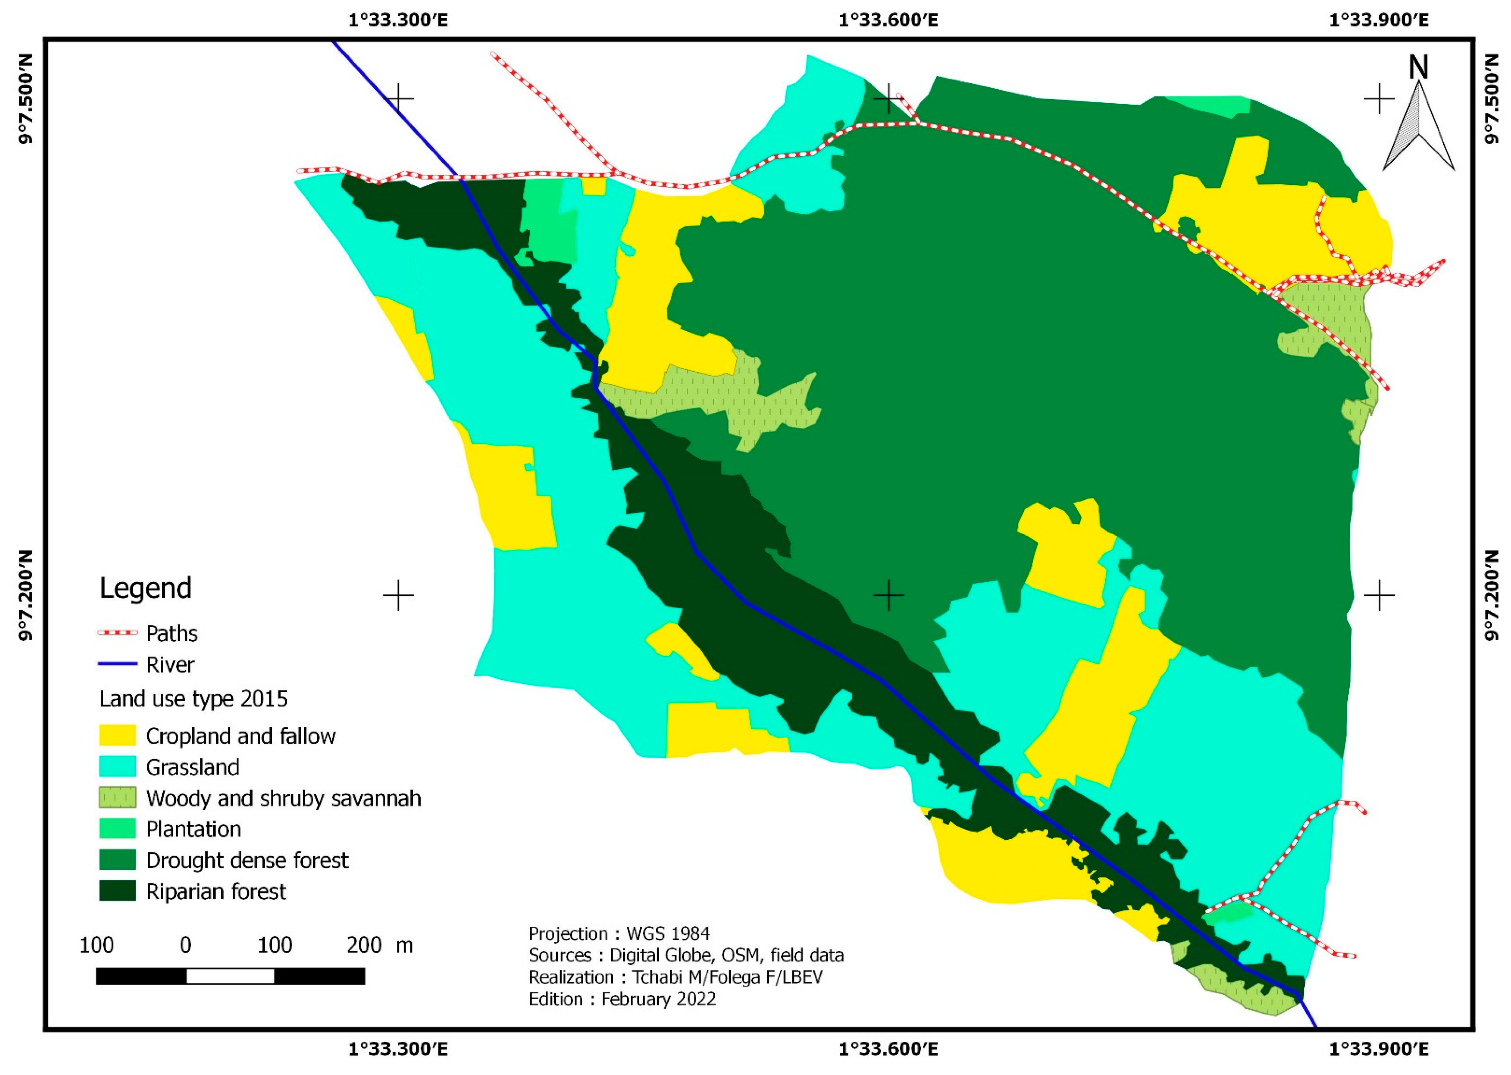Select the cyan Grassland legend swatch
[x=117, y=767]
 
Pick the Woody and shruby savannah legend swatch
[x=117, y=797]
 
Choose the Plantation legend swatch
[x=117, y=829]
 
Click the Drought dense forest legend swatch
[x=117, y=860]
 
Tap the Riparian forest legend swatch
[x=117, y=891]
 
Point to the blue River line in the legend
[x=117, y=664]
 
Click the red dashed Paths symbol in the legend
[x=117, y=633]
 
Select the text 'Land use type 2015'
[x=193, y=699]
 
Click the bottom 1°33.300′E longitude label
[x=398, y=1049]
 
